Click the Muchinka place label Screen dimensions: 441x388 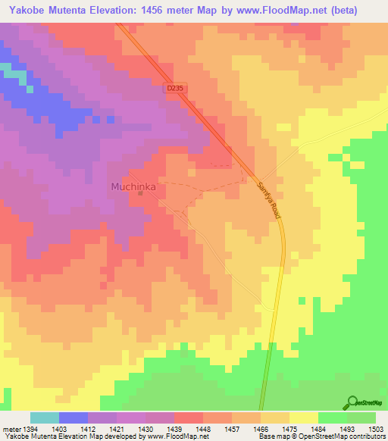(133, 186)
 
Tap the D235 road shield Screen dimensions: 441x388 (174, 89)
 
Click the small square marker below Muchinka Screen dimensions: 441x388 (140, 193)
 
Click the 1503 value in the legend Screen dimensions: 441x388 (375, 428)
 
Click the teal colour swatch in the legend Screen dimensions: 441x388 (45, 418)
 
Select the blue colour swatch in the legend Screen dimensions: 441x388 (74, 418)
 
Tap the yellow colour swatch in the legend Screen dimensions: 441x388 (304, 418)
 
